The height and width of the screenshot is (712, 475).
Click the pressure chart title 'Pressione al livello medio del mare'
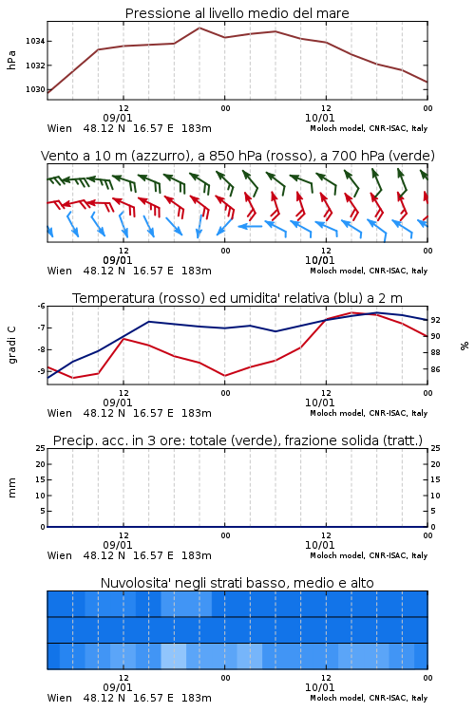237,13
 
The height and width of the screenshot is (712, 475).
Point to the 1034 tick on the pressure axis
35,42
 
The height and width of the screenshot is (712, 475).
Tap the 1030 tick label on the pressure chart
35,89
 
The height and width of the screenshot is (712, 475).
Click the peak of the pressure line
199,28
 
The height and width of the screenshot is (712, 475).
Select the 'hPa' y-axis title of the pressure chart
11,60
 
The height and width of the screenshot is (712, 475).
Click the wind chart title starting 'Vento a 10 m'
237,156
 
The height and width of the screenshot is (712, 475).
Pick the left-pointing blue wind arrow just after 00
250,226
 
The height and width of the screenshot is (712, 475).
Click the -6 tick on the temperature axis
41,306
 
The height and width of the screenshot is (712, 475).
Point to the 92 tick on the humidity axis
435,320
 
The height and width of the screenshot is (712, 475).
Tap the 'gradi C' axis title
11,345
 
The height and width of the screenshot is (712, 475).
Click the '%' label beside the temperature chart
465,346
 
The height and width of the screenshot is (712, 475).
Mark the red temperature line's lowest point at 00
224,376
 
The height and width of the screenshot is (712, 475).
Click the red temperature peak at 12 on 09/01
123,338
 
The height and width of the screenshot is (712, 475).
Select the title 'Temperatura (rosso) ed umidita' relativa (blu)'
214,298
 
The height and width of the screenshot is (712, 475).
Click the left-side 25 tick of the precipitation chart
41,448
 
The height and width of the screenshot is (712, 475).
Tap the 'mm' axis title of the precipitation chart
11,487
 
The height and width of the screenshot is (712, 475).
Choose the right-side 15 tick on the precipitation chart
435,479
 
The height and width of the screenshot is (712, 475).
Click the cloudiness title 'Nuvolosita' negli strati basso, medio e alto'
237,583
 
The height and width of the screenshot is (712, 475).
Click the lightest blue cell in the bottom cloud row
174,656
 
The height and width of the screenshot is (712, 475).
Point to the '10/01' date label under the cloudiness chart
319,687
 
